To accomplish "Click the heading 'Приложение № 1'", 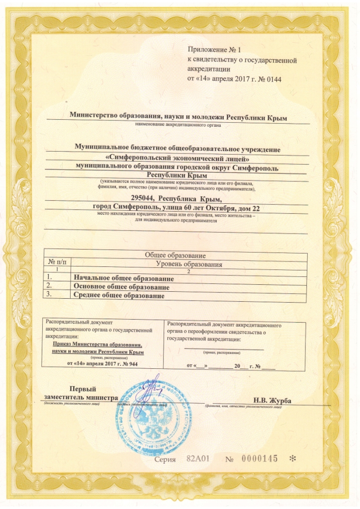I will [214, 50].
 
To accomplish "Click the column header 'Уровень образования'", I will [189, 264].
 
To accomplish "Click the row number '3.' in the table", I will [49, 295].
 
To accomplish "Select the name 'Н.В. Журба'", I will [272, 401].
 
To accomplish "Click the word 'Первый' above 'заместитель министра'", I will [82, 389].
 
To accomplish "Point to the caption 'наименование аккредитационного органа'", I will [178, 125].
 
